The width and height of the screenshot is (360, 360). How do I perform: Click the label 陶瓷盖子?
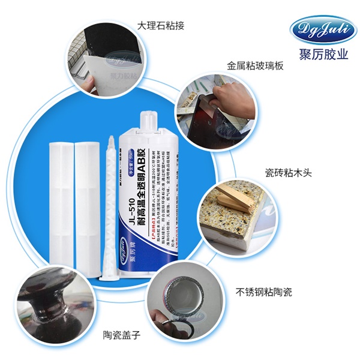click(x=122, y=334)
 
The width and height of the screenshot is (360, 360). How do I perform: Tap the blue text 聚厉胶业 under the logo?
click(x=316, y=54)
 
